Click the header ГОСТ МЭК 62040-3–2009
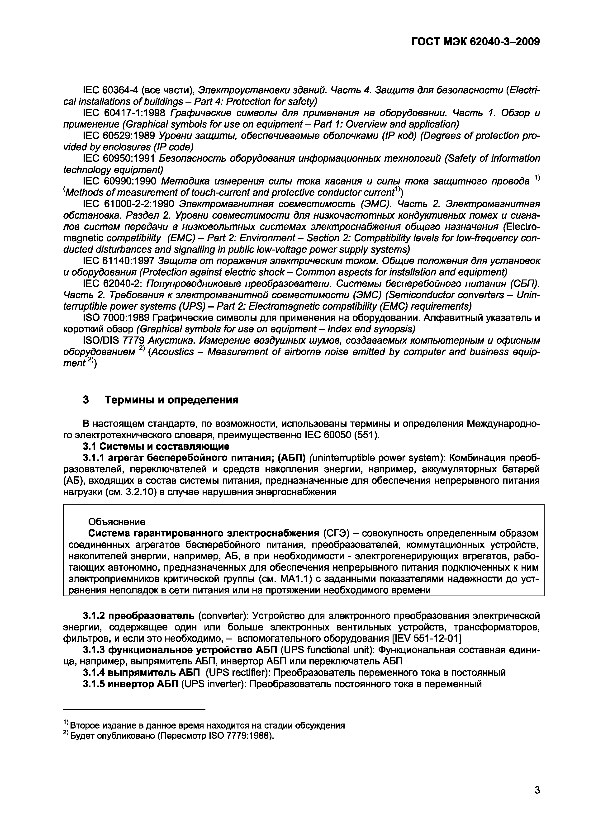(475, 42)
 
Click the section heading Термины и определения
(171, 400)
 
